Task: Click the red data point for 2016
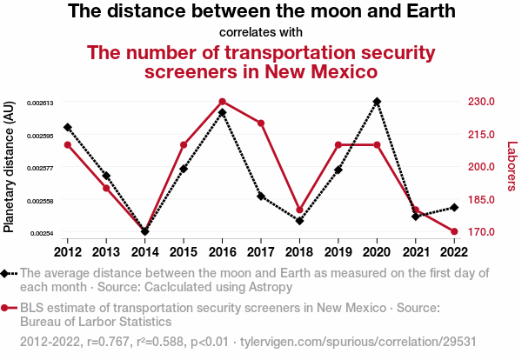click(223, 102)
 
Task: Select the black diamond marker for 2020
click(377, 102)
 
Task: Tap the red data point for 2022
click(454, 231)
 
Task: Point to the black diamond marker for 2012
click(68, 128)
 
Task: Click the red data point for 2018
click(300, 210)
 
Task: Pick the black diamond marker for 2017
click(261, 197)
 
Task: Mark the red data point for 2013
click(106, 188)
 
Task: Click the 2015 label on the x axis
click(184, 252)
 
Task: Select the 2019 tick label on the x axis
click(338, 252)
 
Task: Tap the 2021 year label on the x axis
click(416, 252)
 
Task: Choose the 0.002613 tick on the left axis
click(40, 103)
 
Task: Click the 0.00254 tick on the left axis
click(42, 233)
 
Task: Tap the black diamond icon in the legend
click(6, 273)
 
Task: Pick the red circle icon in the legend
click(6, 308)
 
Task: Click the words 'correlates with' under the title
click(261, 33)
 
